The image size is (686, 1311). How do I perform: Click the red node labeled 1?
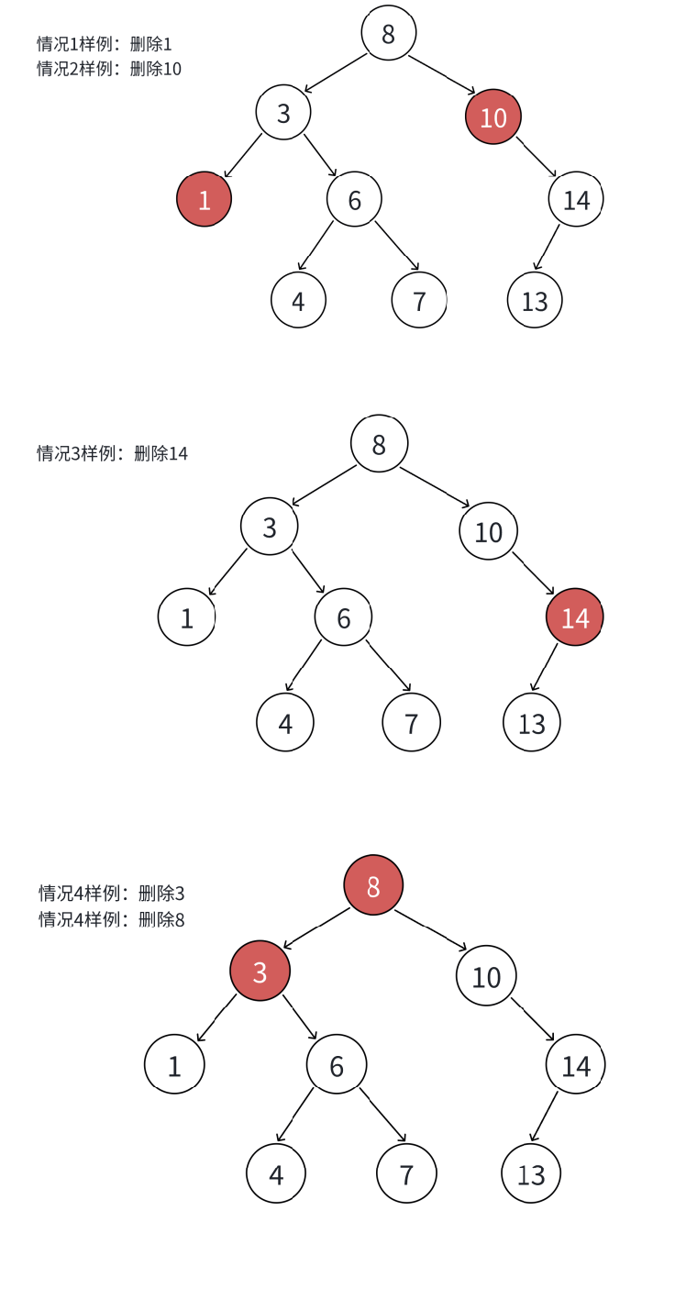pyautogui.click(x=204, y=199)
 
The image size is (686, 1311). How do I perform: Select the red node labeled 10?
pyautogui.click(x=493, y=117)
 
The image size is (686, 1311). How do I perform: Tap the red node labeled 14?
pyautogui.click(x=575, y=617)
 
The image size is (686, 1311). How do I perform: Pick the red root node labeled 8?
pyautogui.click(x=373, y=885)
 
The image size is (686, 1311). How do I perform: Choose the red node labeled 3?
pyautogui.click(x=260, y=971)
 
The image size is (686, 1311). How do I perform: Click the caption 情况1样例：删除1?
pyautogui.click(x=105, y=43)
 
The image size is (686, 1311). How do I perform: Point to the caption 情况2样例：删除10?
pyautogui.click(x=109, y=68)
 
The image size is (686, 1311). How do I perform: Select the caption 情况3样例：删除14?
pyautogui.click(x=112, y=452)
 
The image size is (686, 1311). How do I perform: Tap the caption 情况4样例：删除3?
pyautogui.click(x=112, y=893)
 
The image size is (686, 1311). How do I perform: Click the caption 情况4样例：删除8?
pyautogui.click(x=112, y=918)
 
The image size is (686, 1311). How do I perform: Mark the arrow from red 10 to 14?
pyautogui.click(x=537, y=157)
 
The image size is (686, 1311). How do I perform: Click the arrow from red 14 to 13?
pyautogui.click(x=545, y=667)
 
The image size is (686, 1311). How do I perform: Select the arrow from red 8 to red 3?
pyautogui.click(x=316, y=928)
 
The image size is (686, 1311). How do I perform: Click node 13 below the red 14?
pyautogui.click(x=532, y=723)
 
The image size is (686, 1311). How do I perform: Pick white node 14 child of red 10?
pyautogui.click(x=576, y=199)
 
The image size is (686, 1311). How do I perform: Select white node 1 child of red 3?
pyautogui.click(x=174, y=1064)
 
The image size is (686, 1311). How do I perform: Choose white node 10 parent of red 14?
pyautogui.click(x=488, y=531)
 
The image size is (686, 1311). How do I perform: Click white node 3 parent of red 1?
pyautogui.click(x=283, y=113)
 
